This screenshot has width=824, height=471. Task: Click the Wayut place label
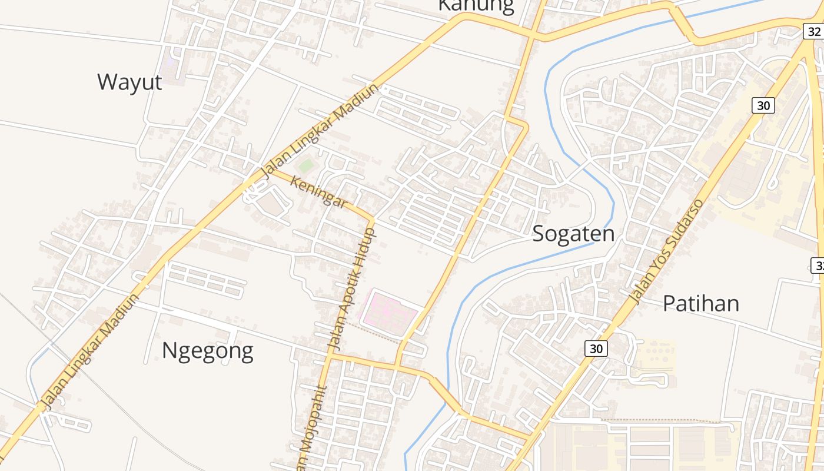click(x=129, y=82)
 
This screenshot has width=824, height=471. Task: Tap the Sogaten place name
click(x=573, y=234)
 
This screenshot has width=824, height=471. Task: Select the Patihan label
click(x=700, y=303)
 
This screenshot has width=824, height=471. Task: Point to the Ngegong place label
click(x=207, y=350)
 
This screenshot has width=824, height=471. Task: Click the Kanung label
click(x=476, y=6)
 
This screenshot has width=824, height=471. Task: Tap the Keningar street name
click(x=318, y=193)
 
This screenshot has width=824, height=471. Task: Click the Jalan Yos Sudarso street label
click(x=666, y=252)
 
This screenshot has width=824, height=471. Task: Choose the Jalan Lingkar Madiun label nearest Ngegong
click(x=91, y=351)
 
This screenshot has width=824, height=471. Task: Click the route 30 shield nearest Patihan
click(x=596, y=349)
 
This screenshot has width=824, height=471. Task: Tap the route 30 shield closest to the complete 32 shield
click(x=763, y=105)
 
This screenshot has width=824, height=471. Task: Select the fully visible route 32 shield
click(x=814, y=31)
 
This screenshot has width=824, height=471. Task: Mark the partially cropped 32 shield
click(x=818, y=266)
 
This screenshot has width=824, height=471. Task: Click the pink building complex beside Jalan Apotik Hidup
click(x=389, y=310)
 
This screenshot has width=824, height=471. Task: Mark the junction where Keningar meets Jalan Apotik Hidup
click(x=372, y=218)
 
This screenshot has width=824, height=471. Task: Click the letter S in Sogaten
click(x=539, y=234)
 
